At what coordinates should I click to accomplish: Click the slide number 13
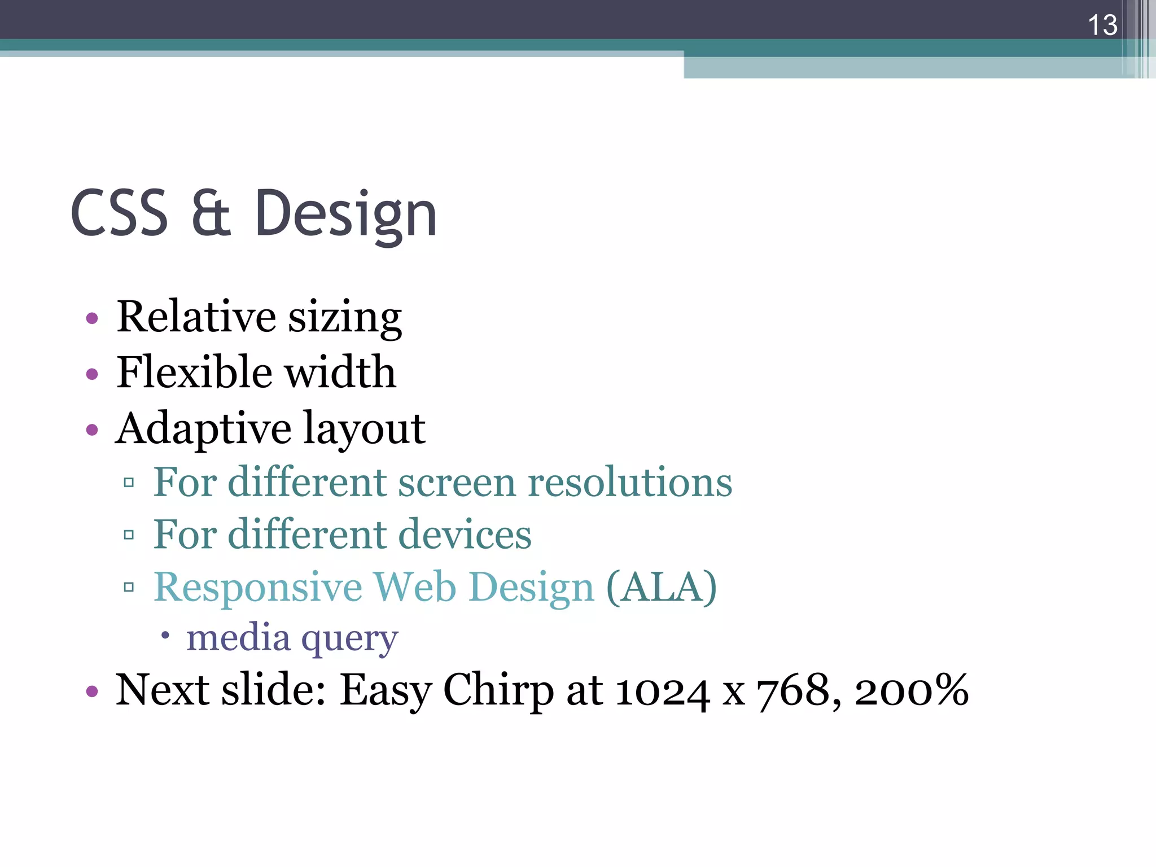tap(1102, 25)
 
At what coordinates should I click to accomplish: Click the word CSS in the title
tap(120, 213)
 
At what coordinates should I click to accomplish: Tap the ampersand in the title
tap(211, 213)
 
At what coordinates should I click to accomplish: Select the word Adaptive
tap(203, 429)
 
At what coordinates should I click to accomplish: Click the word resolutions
tap(630, 483)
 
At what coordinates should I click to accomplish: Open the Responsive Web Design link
tap(374, 587)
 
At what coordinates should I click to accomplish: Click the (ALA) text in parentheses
tap(662, 587)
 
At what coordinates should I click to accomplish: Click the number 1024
tap(663, 691)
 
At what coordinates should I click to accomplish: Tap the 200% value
tap(912, 690)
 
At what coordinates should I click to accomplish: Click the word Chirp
tap(498, 691)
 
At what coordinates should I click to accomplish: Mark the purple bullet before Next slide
tap(92, 691)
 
